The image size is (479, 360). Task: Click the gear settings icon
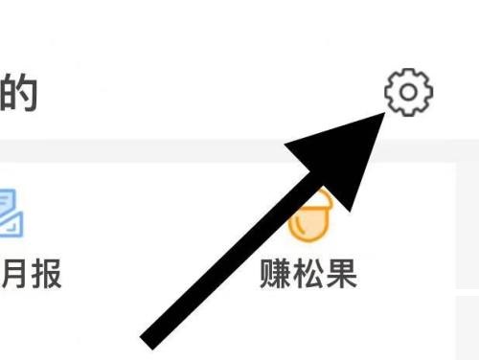409,92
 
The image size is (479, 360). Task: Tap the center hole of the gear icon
409,92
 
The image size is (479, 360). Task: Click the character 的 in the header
18,92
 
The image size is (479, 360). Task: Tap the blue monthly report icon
9,214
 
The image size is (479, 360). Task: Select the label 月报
32,274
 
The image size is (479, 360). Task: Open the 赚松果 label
308,274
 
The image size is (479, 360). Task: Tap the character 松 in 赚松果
308,274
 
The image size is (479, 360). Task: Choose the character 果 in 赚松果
341,274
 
